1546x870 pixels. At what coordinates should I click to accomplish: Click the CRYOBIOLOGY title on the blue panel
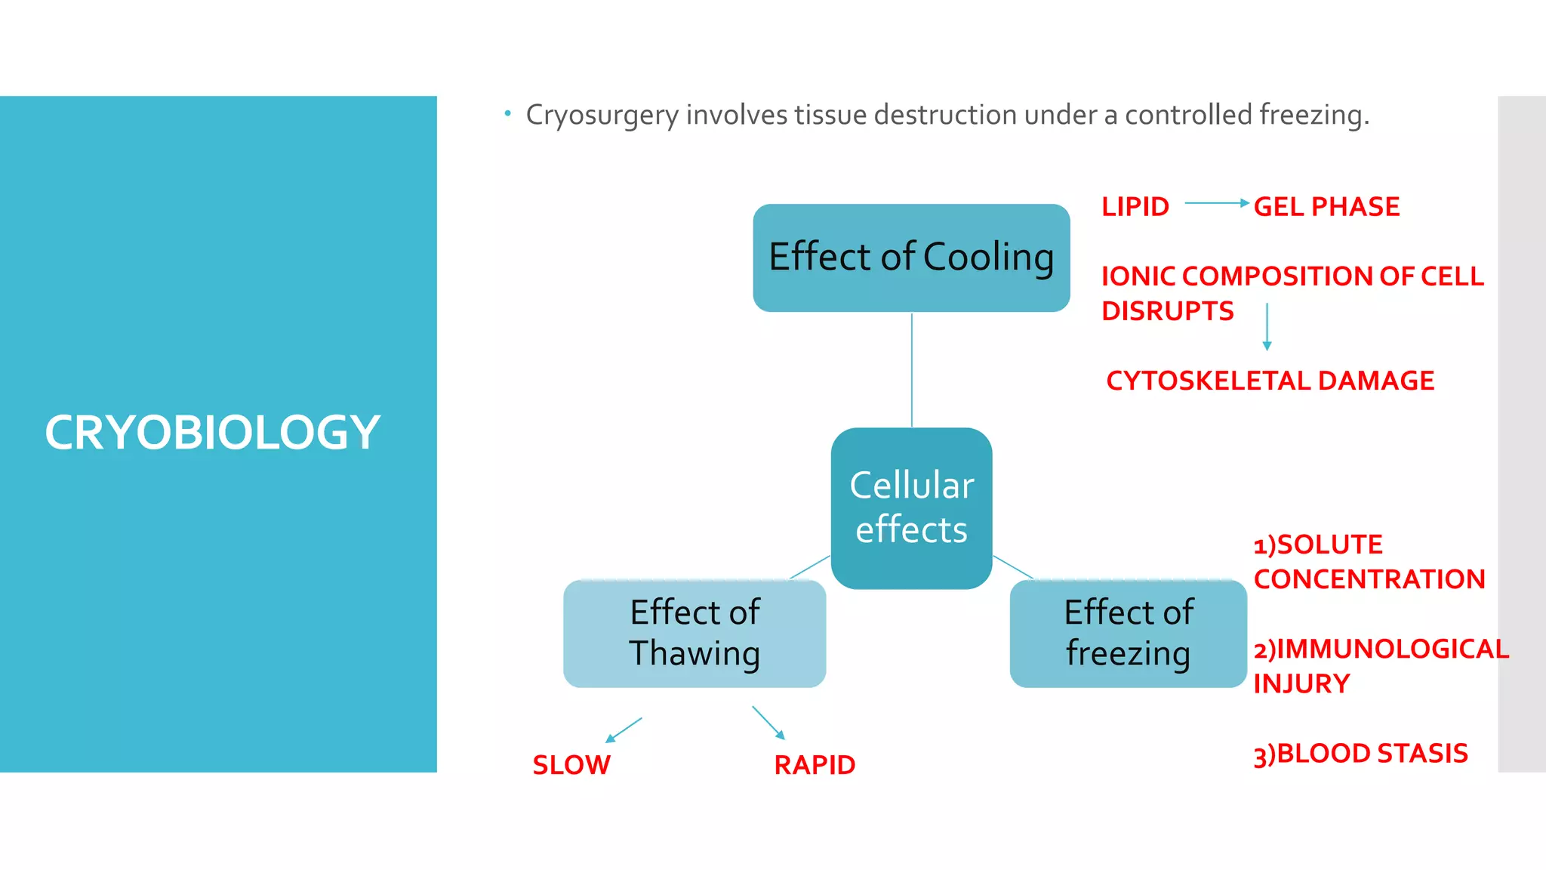pos(212,433)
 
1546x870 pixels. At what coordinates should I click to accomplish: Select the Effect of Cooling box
pos(911,258)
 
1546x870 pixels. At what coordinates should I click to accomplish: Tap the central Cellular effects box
pos(911,507)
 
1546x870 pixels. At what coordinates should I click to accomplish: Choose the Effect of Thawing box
pos(694,633)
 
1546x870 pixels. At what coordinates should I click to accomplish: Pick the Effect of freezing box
pos(1128,633)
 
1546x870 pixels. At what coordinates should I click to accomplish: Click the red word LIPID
pos(1135,207)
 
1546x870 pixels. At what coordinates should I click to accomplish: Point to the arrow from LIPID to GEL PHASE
pos(1216,203)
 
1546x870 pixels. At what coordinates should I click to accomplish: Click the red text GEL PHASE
pos(1326,207)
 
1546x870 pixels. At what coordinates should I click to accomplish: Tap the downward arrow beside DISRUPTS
pos(1267,326)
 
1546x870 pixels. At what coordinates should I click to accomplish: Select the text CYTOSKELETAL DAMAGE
pos(1270,381)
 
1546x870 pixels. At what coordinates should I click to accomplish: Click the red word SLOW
pos(571,765)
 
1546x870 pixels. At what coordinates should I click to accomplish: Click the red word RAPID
pos(815,765)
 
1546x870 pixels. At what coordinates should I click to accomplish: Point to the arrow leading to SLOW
pos(624,730)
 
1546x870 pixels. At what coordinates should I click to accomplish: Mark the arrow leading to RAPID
pos(768,723)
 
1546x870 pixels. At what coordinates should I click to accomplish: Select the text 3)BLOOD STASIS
pos(1360,754)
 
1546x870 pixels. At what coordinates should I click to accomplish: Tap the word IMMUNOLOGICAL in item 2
pos(1392,649)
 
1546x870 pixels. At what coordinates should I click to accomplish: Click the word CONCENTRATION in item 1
pos(1369,579)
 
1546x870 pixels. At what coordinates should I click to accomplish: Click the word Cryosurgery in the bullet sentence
pos(602,116)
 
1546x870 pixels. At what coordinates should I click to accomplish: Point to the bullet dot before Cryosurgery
pos(508,114)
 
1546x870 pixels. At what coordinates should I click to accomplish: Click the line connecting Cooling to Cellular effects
pos(912,370)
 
